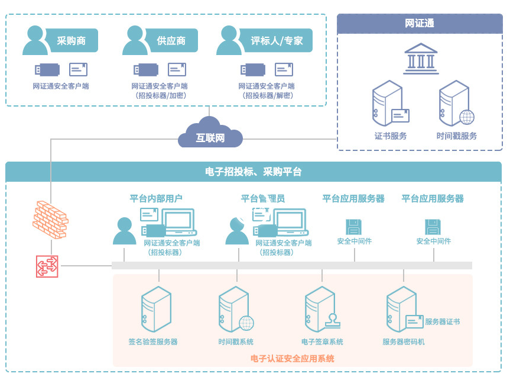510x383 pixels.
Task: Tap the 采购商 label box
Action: (72, 41)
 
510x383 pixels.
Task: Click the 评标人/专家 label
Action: (277, 41)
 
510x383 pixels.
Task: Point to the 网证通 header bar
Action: (419, 24)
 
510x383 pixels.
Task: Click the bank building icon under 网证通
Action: (420, 59)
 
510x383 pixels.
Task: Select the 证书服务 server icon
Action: (388, 104)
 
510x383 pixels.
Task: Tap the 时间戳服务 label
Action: (456, 136)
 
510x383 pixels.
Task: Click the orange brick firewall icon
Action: (50, 219)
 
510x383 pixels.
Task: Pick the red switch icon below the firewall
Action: (47, 266)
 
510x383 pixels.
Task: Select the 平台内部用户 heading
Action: (156, 198)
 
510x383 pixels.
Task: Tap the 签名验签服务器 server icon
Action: (155, 308)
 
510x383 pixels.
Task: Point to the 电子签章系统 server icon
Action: (320, 308)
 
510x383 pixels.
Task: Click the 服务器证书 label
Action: (442, 322)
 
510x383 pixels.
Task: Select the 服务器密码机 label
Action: (403, 342)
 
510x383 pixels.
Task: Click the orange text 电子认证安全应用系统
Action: (292, 358)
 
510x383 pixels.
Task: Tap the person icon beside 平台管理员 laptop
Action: (237, 231)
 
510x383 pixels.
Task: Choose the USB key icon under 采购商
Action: (47, 70)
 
